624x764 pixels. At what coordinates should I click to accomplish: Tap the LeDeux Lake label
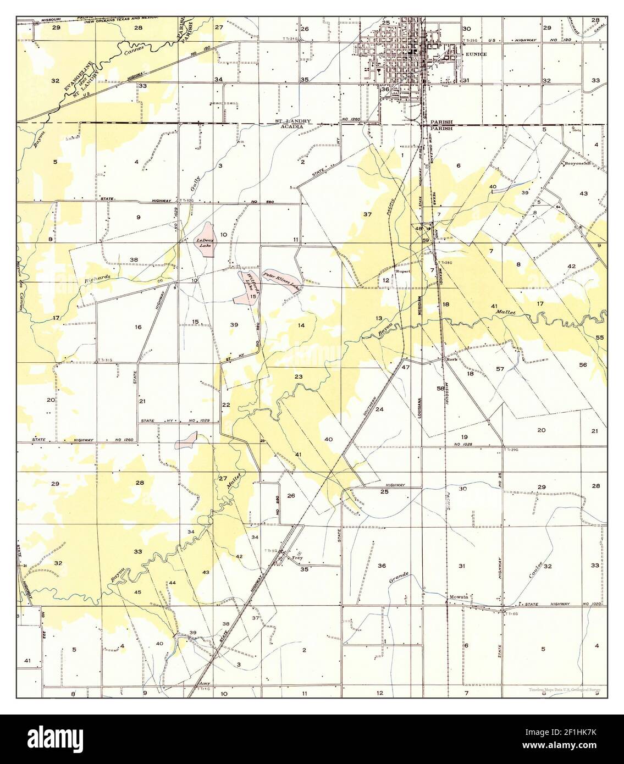pyautogui.click(x=204, y=243)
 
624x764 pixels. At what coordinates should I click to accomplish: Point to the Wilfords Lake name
pyautogui.click(x=252, y=281)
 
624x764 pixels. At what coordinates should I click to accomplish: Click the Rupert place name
pyautogui.click(x=404, y=271)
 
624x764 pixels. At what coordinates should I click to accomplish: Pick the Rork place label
pyautogui.click(x=452, y=360)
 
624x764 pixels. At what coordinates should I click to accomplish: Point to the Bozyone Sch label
pyautogui.click(x=575, y=164)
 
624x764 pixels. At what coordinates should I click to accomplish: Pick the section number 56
pyautogui.click(x=583, y=365)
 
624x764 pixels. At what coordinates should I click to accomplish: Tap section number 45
pyautogui.click(x=138, y=592)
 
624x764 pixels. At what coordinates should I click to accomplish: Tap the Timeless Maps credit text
pyautogui.click(x=565, y=689)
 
